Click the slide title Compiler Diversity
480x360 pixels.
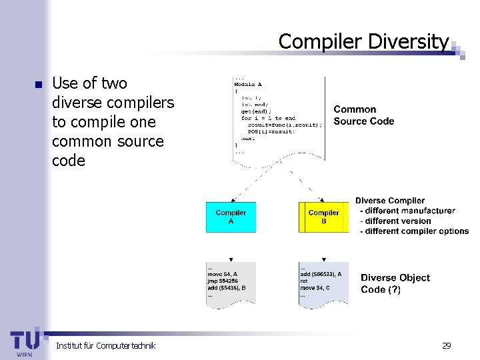[x=363, y=41]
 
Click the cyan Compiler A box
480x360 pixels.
[x=231, y=217]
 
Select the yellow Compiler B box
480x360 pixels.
[x=323, y=217]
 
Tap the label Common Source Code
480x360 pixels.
[x=363, y=115]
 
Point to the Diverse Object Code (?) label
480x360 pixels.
[x=395, y=283]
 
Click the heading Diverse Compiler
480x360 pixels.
[x=389, y=201]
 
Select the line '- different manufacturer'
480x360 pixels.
[x=407, y=211]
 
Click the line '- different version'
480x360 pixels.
[x=395, y=221]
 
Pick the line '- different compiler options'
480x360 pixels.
[x=414, y=231]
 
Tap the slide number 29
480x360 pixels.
[x=446, y=345]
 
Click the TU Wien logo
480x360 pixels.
[x=25, y=342]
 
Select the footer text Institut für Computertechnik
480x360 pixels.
[x=105, y=345]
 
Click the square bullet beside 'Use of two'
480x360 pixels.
[x=37, y=85]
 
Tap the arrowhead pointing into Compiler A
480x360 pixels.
[x=231, y=199]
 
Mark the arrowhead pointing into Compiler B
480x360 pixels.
[x=323, y=199]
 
